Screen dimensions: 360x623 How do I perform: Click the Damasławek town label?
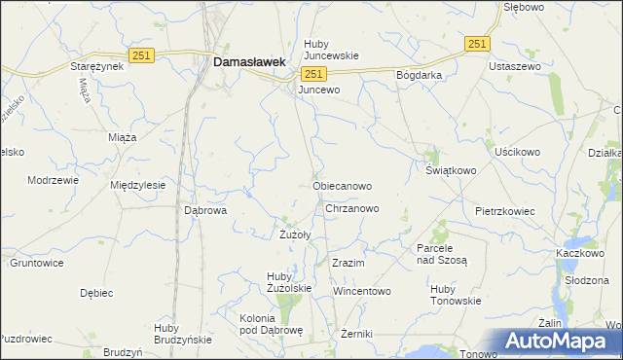(x=248, y=61)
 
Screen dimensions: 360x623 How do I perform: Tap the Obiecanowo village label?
(x=342, y=185)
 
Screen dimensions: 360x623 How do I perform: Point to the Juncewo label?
(x=319, y=90)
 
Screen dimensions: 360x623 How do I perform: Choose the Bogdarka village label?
(x=419, y=75)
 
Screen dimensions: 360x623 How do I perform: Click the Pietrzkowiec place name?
(x=507, y=210)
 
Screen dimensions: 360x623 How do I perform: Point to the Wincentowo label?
(x=361, y=291)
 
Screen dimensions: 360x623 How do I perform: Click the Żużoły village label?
(x=294, y=234)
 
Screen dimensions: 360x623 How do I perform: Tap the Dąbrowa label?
(x=205, y=209)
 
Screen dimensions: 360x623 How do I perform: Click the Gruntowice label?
(x=36, y=263)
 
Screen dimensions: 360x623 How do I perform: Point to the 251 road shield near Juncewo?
(x=312, y=74)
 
